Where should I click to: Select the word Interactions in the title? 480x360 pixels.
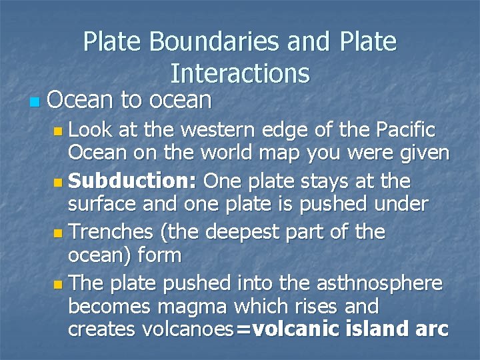(x=240, y=72)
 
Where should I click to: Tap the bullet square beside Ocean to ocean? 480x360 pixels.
(x=35, y=103)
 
